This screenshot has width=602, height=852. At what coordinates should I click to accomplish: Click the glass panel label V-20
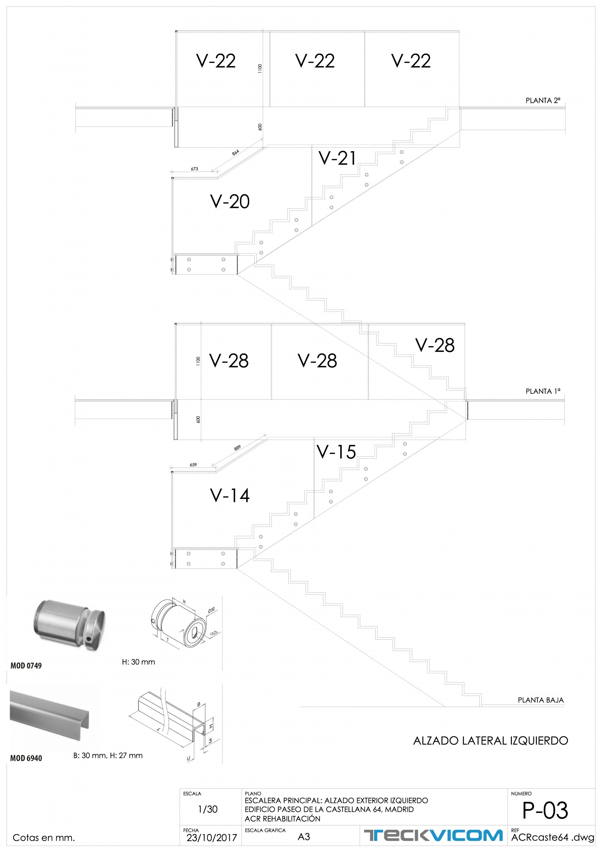[x=229, y=201]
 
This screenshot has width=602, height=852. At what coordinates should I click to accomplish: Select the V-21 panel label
[x=337, y=158]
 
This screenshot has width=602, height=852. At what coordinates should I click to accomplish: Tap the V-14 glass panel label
[x=229, y=496]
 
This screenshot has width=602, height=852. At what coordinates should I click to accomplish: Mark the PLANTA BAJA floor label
[x=540, y=700]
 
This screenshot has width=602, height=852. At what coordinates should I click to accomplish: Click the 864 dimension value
[x=235, y=152]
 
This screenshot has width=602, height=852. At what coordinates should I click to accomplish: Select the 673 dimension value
[x=194, y=169]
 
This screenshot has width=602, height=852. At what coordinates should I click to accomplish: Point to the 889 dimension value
[x=237, y=448]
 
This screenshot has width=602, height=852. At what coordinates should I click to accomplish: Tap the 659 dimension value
[x=193, y=465]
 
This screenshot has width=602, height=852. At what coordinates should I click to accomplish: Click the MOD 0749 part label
[x=26, y=666]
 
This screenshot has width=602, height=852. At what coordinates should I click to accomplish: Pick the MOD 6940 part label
[x=26, y=758]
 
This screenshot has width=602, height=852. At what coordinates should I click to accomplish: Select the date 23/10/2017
[x=212, y=838]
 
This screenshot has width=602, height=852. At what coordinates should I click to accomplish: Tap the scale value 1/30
[x=208, y=809]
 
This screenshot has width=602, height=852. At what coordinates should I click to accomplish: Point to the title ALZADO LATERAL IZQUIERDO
[x=490, y=741]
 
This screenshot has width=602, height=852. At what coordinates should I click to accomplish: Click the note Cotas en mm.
[x=44, y=838]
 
